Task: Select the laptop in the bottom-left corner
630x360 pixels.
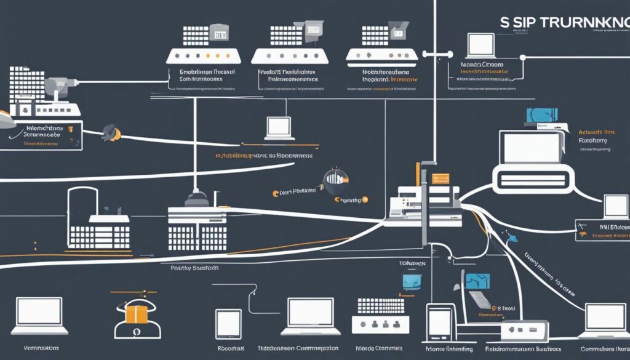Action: (x=39, y=311)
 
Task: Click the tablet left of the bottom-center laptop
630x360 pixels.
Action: (x=228, y=322)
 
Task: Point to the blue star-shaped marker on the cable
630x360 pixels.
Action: (x=509, y=234)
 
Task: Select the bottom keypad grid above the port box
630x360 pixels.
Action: (x=380, y=306)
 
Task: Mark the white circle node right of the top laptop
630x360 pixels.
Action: (x=522, y=58)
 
